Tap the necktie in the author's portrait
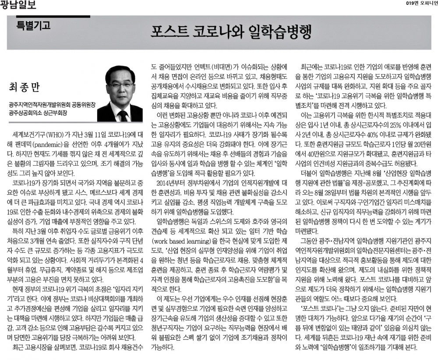click(x=122, y=115)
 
